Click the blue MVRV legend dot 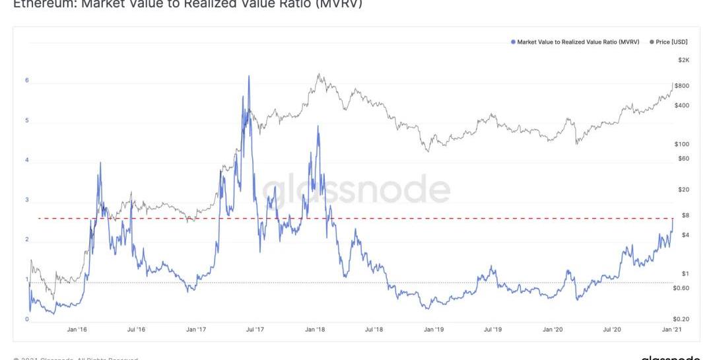point(512,42)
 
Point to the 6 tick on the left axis point(27,81)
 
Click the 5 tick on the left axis point(27,121)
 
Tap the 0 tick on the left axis point(27,320)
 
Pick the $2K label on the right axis point(683,60)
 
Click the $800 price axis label point(681,86)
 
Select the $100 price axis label point(681,144)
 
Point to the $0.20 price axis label point(681,318)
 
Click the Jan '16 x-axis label point(77,329)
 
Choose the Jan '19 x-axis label point(434,329)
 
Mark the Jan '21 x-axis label point(671,329)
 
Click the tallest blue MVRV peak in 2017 point(249,76)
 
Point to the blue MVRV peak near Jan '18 point(318,126)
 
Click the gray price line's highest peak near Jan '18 point(319,75)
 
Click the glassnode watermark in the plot point(356,190)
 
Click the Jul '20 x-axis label point(612,329)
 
